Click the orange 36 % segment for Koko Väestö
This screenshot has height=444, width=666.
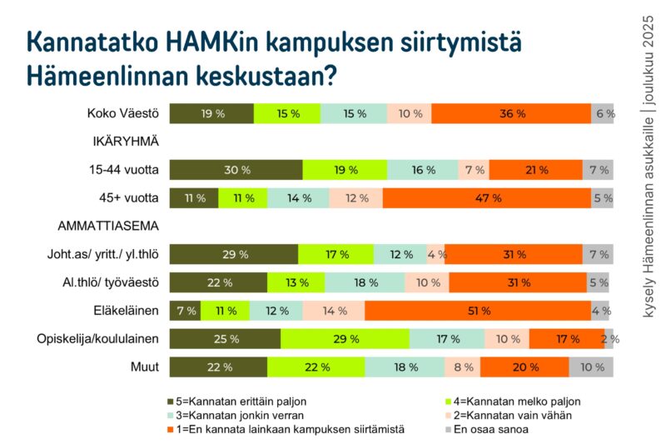click(511, 114)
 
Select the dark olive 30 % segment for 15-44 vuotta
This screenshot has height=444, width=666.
click(236, 170)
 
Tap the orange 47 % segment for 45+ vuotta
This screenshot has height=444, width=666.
click(486, 198)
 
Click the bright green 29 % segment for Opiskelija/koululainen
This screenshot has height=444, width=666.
click(345, 339)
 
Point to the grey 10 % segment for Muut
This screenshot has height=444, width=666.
click(591, 367)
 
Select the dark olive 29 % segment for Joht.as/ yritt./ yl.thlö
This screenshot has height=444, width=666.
click(233, 255)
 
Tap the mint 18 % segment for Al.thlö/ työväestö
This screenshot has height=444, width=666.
click(365, 282)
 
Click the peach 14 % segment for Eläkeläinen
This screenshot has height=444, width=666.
click(333, 311)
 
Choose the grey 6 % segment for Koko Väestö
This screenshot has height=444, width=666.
click(603, 114)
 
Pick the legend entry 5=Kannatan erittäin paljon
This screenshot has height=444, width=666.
click(236, 402)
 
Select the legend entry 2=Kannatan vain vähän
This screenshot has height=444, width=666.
click(516, 416)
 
